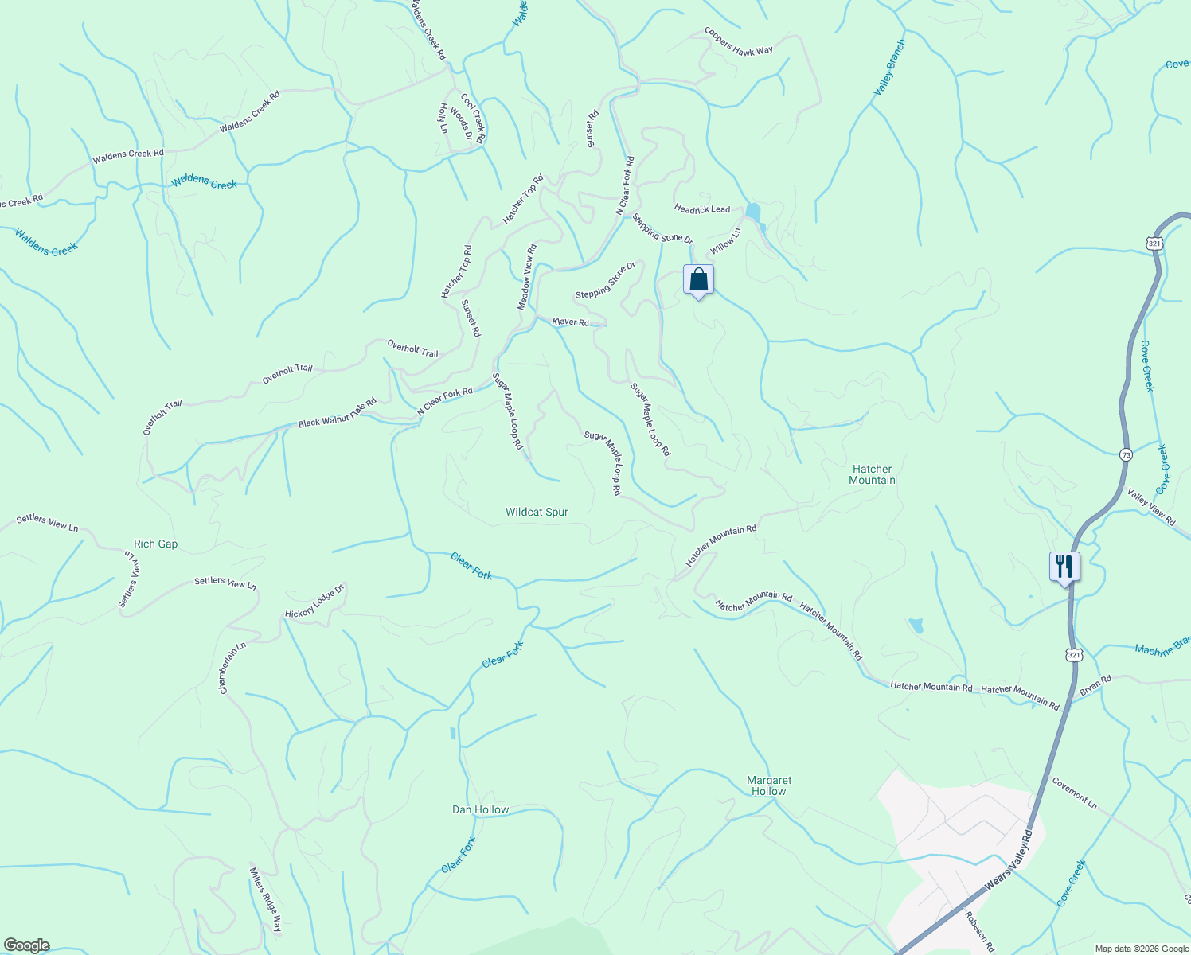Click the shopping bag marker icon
(698, 280)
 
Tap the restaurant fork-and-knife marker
(1064, 567)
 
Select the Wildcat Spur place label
(537, 513)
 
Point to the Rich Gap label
(156, 544)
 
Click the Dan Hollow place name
(480, 810)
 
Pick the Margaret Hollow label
(769, 785)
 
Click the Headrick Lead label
(702, 209)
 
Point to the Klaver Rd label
(571, 322)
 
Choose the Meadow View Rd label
(527, 277)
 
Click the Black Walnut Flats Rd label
(337, 414)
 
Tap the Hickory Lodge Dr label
(314, 602)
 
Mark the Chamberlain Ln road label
(232, 668)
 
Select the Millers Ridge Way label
(267, 899)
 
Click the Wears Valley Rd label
(1008, 861)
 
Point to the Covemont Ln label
(1074, 793)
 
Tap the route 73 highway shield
(1125, 454)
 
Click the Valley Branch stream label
(890, 68)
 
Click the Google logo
(27, 945)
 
